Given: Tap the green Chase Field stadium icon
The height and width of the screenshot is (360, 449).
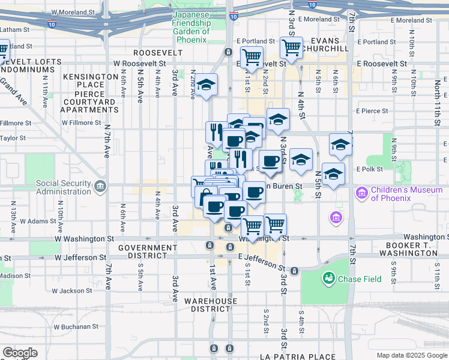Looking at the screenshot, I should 328,278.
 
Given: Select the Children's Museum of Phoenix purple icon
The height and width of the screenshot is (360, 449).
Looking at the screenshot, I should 362,194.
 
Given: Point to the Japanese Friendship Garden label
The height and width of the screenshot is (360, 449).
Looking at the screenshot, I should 191,28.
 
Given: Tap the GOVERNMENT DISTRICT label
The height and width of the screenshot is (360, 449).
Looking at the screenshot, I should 148,252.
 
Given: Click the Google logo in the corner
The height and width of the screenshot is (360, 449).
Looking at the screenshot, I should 20,353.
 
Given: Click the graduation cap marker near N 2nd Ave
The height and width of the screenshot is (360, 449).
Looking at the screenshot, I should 206,85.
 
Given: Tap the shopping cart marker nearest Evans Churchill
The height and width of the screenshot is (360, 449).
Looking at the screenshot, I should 291,46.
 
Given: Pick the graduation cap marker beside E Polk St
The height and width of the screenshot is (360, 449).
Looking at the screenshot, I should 333,173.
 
